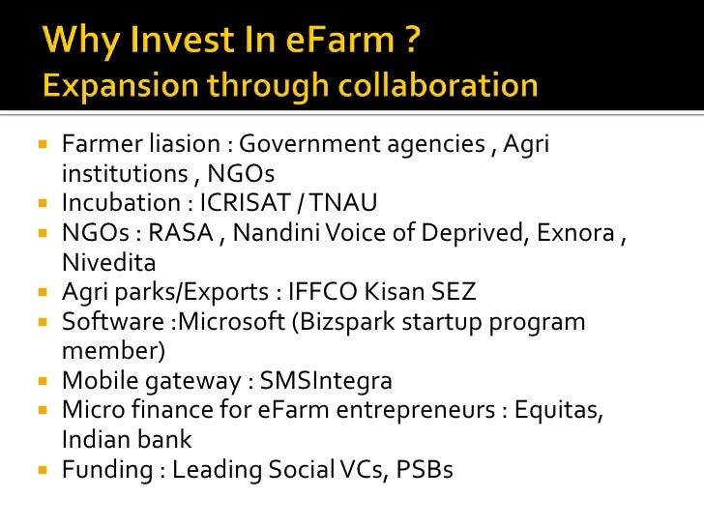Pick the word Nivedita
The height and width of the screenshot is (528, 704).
(107, 262)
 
